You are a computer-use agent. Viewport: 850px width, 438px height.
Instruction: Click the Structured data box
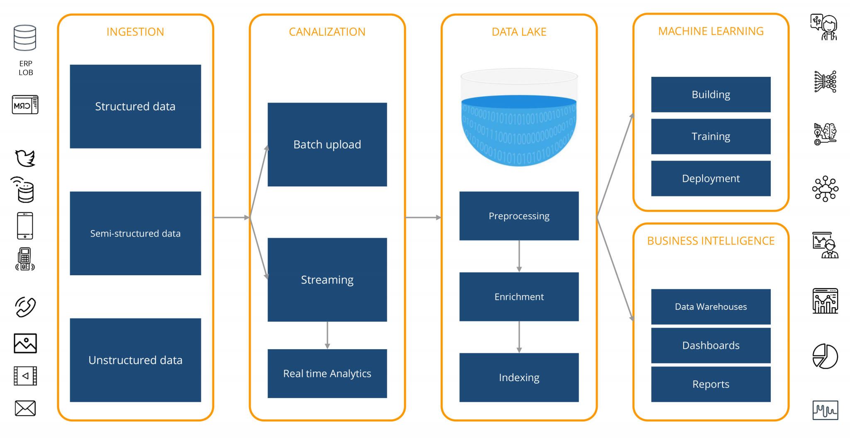[135, 106]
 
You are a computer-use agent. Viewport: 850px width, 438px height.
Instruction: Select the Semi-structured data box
[135, 233]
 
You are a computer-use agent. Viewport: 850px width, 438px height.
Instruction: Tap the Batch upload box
[327, 144]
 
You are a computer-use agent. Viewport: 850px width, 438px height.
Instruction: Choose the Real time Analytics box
[327, 374]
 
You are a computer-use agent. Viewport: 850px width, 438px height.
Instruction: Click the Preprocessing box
[519, 216]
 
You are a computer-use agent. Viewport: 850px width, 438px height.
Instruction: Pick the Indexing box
[519, 377]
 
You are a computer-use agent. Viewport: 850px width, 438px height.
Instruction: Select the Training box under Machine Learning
[711, 137]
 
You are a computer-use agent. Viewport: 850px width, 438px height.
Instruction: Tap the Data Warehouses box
[711, 307]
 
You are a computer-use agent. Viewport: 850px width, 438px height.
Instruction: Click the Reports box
[711, 384]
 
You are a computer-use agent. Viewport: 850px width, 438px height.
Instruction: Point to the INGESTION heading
[135, 32]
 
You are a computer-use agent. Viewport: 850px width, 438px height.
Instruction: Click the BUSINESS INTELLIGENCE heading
[711, 241]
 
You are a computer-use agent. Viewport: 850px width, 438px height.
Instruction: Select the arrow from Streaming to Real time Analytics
[327, 335]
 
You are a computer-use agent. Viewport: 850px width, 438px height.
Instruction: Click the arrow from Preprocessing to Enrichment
[519, 256]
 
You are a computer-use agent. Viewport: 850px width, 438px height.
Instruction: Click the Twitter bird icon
[25, 158]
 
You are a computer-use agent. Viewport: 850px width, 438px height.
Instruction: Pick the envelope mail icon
[25, 408]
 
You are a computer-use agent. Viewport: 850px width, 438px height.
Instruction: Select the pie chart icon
[825, 356]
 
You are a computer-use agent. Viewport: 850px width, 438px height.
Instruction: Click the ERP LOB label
[26, 68]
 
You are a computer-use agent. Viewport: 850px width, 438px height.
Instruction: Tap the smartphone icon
[25, 226]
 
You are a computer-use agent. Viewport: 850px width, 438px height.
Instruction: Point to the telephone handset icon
[26, 307]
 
